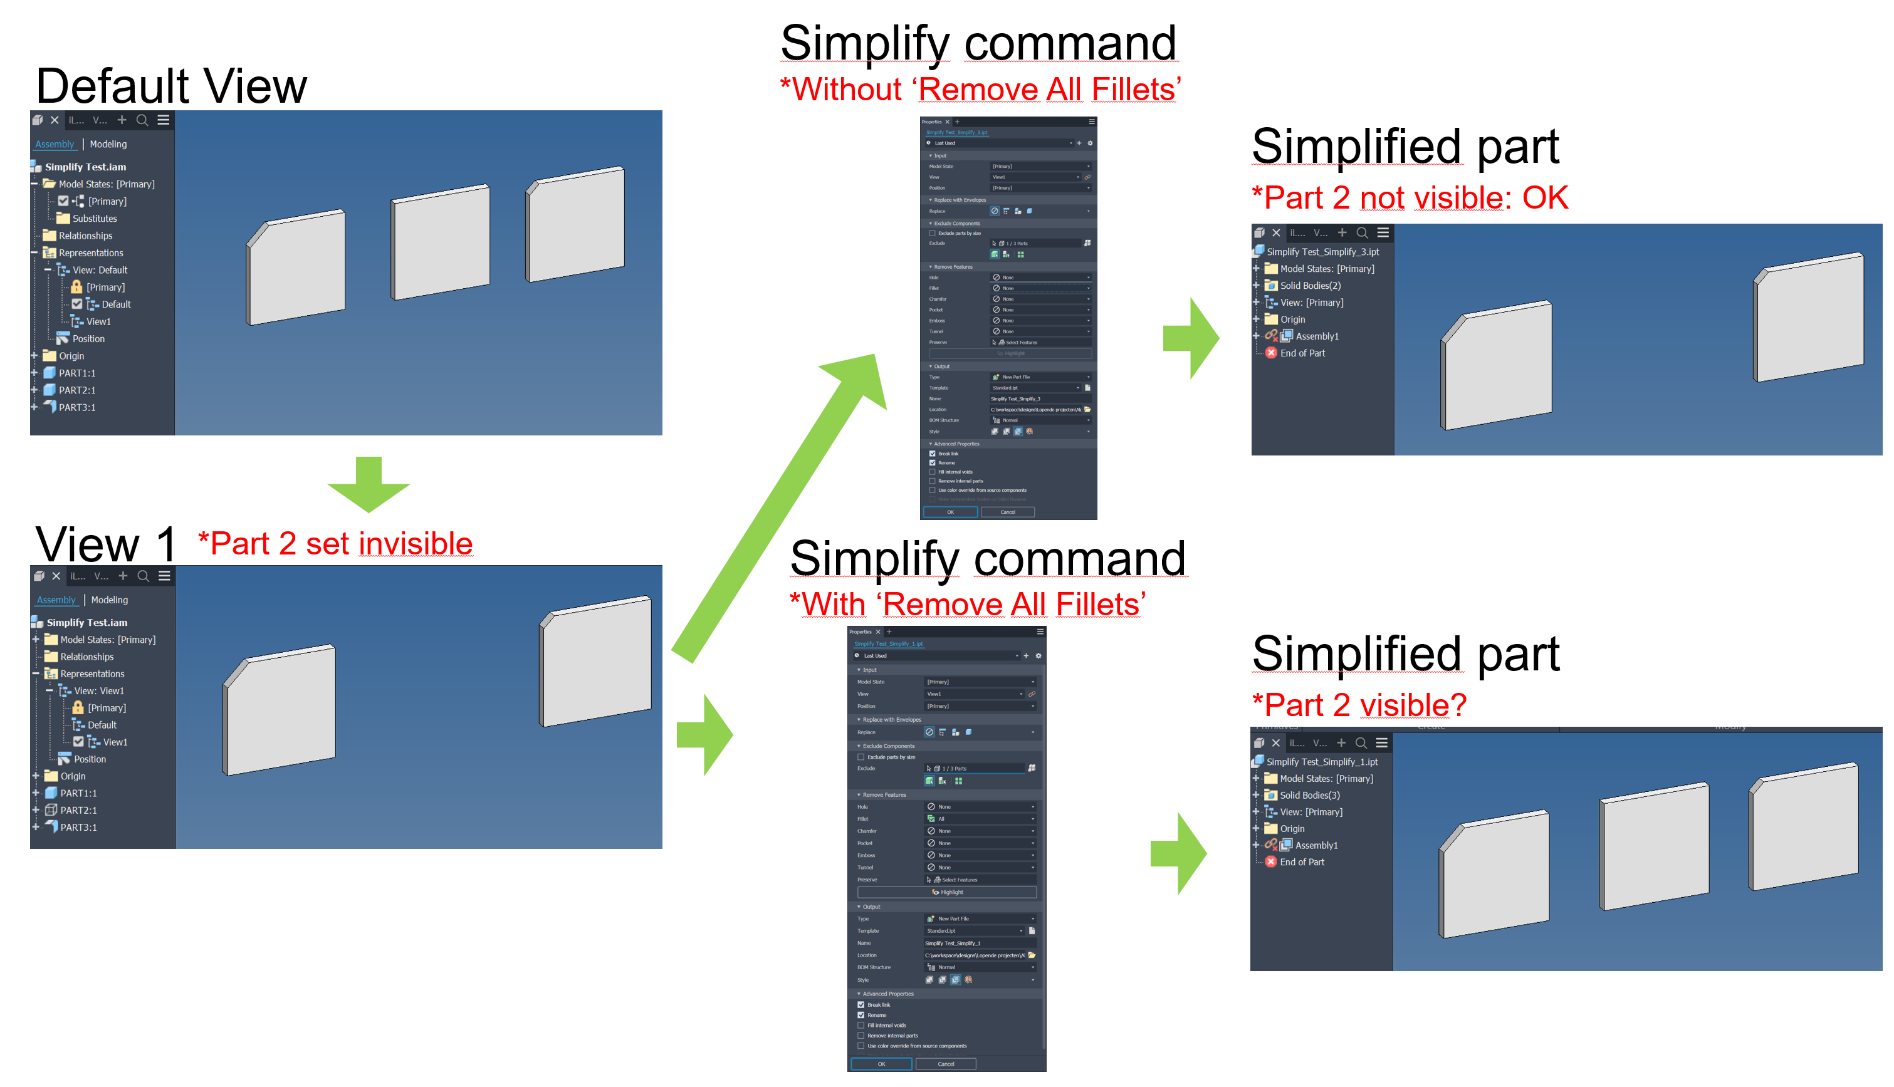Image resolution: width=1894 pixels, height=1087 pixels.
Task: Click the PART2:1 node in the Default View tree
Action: point(76,390)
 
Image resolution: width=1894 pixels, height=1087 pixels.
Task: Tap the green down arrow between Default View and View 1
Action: point(369,486)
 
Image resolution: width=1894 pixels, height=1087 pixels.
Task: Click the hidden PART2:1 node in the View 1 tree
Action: point(78,811)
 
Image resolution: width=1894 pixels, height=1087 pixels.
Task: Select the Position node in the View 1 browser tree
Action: point(89,759)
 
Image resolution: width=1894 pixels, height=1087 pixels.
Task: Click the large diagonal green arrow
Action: point(777,507)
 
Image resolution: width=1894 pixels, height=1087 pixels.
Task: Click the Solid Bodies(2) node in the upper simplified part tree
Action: point(1309,286)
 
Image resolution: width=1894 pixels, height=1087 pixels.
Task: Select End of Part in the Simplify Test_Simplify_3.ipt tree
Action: point(1302,353)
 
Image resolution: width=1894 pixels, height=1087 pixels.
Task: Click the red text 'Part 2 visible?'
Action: point(1359,705)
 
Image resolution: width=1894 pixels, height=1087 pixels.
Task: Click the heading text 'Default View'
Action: point(171,86)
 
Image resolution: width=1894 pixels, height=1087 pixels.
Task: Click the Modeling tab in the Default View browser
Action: point(108,144)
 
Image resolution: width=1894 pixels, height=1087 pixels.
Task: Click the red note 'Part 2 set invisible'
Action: point(335,544)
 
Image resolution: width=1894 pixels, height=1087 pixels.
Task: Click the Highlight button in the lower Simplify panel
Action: point(947,892)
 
